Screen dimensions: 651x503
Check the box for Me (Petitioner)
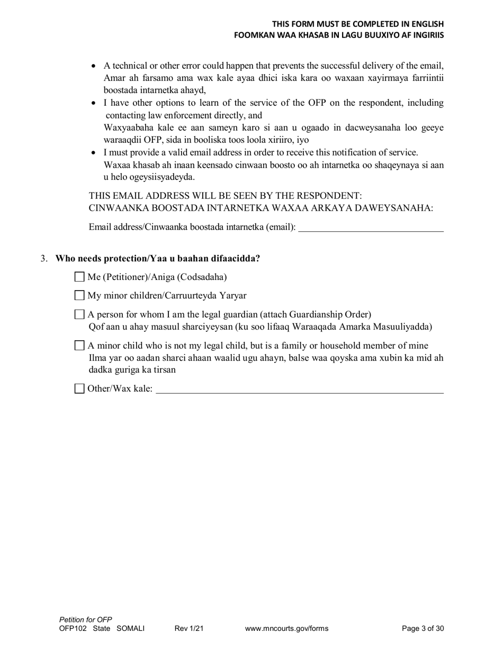[79, 277]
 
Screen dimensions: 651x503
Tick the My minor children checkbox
[79, 295]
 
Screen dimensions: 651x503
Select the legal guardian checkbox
[79, 314]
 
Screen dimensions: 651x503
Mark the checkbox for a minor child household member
[79, 346]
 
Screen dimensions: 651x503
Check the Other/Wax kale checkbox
[79, 388]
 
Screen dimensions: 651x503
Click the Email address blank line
[371, 228]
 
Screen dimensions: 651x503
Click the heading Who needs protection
[158, 259]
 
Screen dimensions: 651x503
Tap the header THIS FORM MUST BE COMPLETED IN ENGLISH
[358, 24]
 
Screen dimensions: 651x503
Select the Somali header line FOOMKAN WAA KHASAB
[339, 35]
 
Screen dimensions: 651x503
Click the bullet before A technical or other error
[94, 66]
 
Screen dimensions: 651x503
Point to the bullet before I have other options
[94, 103]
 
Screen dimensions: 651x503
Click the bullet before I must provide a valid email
[94, 153]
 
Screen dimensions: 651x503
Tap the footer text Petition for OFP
[86, 619]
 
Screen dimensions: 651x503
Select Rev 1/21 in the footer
[189, 629]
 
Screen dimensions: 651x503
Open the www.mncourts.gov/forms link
[286, 629]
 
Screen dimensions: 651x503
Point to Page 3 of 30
[423, 629]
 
